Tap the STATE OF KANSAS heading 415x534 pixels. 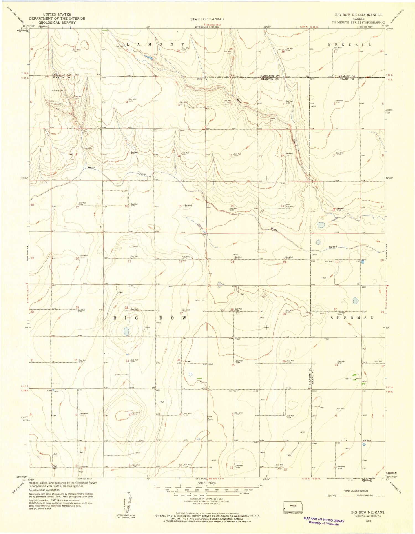(x=207, y=19)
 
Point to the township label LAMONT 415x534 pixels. (x=155, y=44)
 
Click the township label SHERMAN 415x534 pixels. (x=352, y=318)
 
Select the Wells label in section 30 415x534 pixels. (x=322, y=313)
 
